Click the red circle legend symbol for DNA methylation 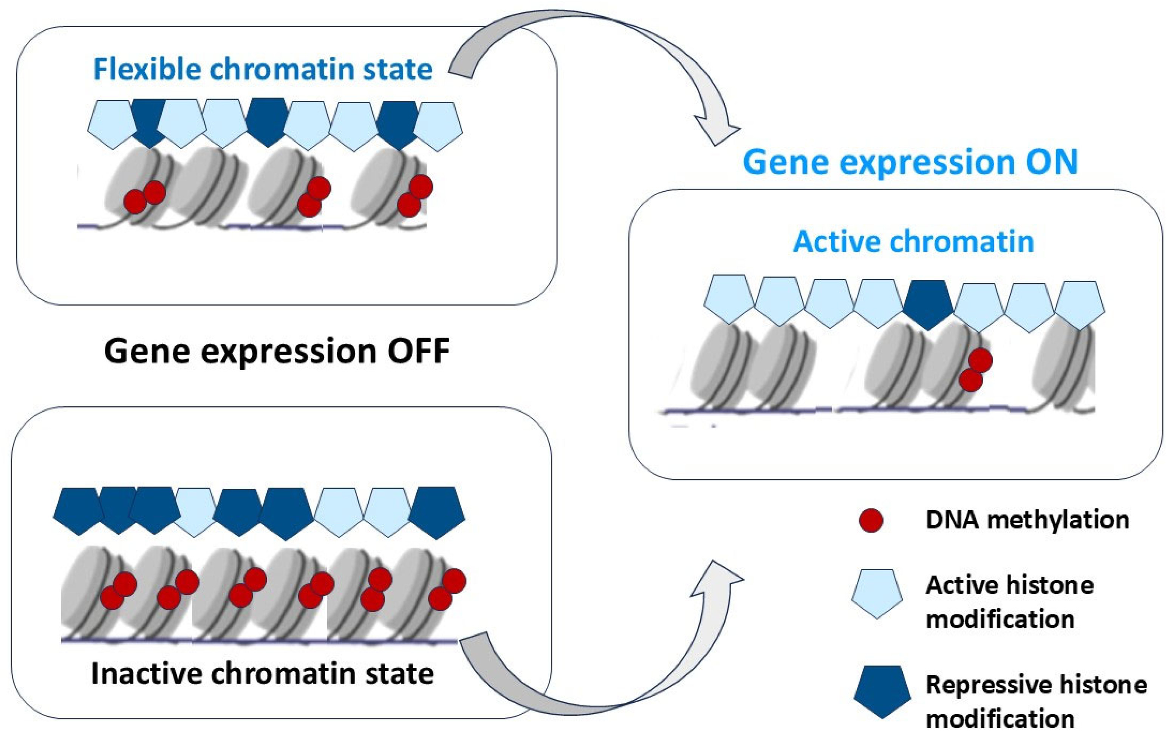pyautogui.click(x=871, y=520)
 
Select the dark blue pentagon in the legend pyautogui.click(x=882, y=690)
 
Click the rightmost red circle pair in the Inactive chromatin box pyautogui.click(x=447, y=590)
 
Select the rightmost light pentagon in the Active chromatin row pyautogui.click(x=1080, y=304)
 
